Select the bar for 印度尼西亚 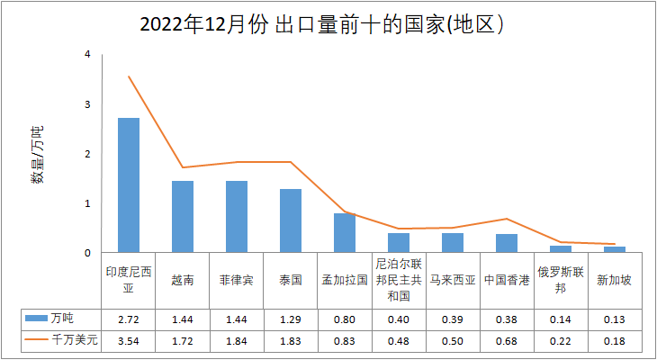pyautogui.click(x=129, y=185)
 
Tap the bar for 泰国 pyautogui.click(x=291, y=220)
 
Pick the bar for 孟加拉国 pyautogui.click(x=345, y=232)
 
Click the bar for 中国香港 pyautogui.click(x=507, y=243)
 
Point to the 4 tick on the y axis pyautogui.click(x=87, y=55)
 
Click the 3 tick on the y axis pyautogui.click(x=87, y=104)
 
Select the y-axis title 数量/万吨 pyautogui.click(x=37, y=154)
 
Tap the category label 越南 pyautogui.click(x=183, y=280)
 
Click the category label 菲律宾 pyautogui.click(x=237, y=280)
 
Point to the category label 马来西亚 pyautogui.click(x=453, y=280)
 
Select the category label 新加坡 pyautogui.click(x=615, y=280)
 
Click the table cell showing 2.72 pyautogui.click(x=129, y=319)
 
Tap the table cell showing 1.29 pyautogui.click(x=291, y=319)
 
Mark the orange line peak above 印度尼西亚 pyautogui.click(x=129, y=76)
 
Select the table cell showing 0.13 pyautogui.click(x=615, y=319)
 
